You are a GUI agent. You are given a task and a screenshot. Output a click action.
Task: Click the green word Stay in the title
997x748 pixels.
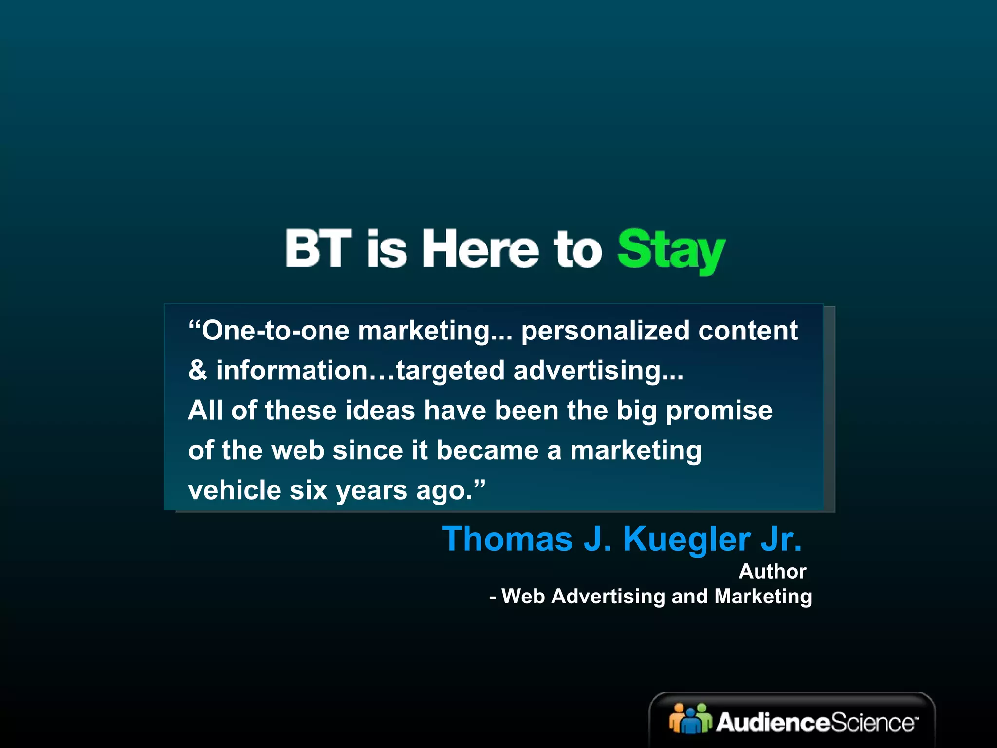[x=671, y=250]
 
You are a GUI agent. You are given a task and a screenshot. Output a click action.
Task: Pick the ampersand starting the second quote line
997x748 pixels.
[x=197, y=371]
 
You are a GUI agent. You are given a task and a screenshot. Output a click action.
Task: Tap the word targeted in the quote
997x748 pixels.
[x=450, y=371]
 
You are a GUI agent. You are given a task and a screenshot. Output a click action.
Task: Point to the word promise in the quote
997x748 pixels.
[x=719, y=411]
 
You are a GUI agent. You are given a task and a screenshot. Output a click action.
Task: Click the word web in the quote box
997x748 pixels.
[x=297, y=450]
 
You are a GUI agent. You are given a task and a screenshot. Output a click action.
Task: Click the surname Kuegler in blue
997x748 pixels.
[x=687, y=540]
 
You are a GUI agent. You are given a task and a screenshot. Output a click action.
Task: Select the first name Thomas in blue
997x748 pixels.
[x=507, y=540]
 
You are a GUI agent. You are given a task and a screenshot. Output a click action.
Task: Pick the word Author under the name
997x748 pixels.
[x=773, y=571]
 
